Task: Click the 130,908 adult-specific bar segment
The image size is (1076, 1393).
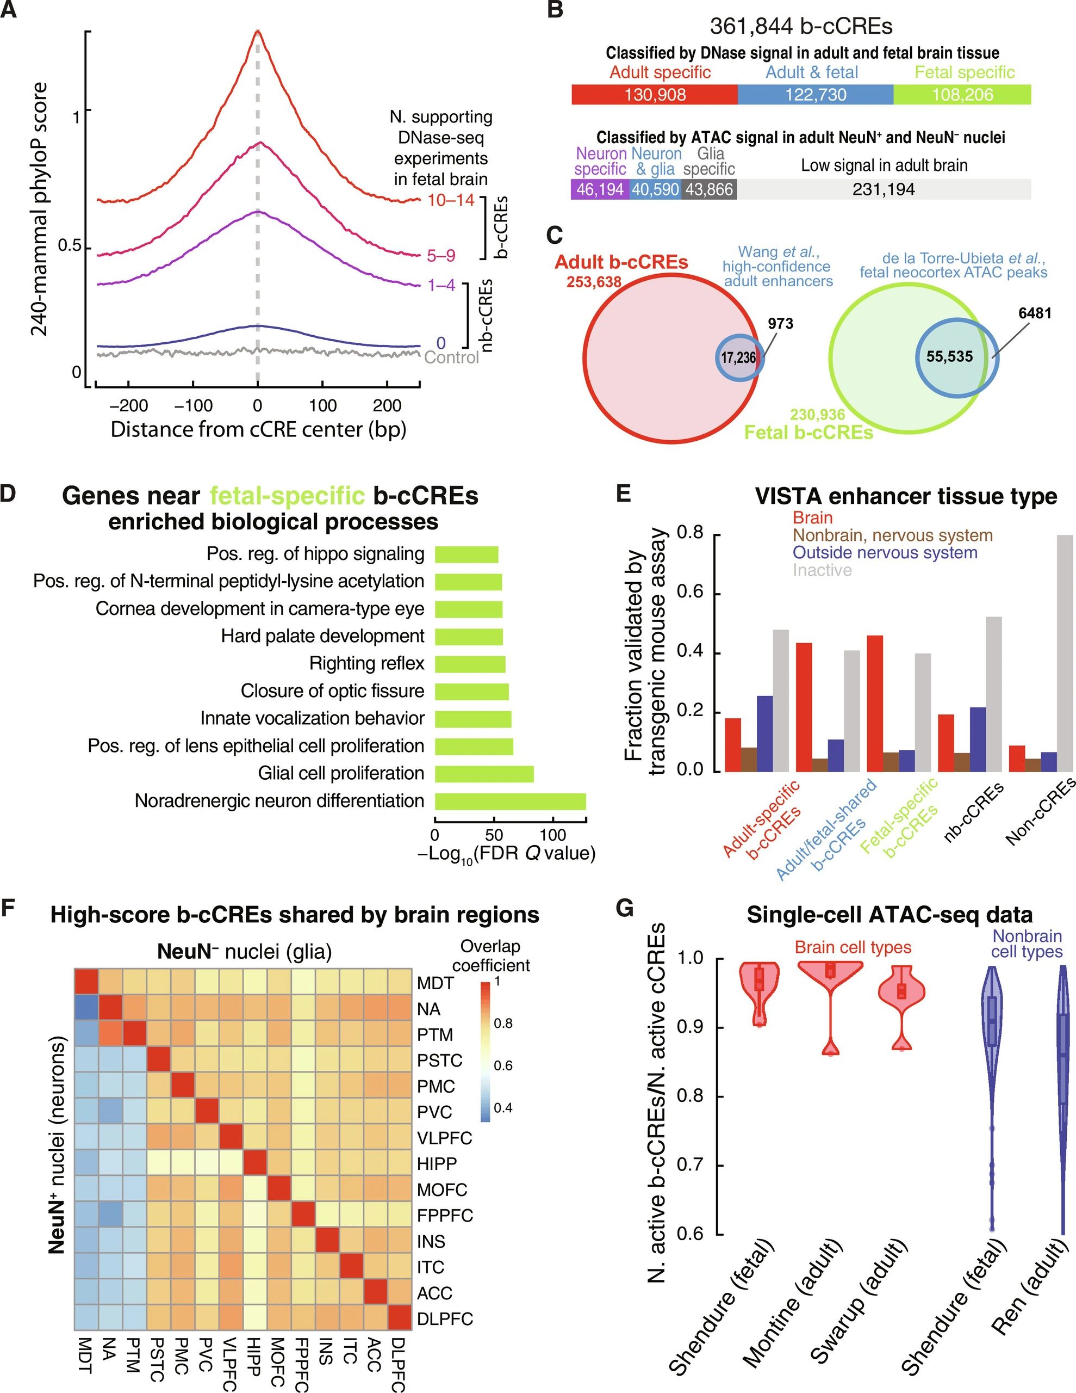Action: point(655,95)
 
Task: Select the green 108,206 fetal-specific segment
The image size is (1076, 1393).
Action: point(962,95)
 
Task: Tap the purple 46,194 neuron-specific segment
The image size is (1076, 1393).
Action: point(600,189)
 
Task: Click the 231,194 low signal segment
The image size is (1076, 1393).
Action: point(884,189)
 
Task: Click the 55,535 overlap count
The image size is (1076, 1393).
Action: point(949,356)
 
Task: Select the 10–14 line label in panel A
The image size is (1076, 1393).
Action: point(451,200)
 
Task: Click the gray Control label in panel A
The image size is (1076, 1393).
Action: point(451,358)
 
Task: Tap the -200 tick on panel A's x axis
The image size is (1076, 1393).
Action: point(128,405)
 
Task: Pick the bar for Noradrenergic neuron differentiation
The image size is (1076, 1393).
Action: point(510,802)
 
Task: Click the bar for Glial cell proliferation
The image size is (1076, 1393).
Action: point(484,774)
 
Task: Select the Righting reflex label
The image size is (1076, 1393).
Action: point(366,663)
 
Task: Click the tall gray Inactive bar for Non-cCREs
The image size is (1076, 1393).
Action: point(1065,654)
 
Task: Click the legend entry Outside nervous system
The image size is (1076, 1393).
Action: point(884,552)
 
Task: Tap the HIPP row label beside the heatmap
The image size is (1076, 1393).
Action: point(437,1163)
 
